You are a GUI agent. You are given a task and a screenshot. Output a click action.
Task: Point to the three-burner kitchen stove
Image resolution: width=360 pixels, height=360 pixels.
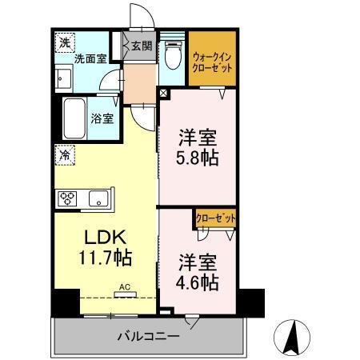(x=67, y=198)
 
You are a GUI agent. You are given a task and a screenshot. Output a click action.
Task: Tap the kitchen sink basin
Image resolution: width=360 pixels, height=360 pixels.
(x=99, y=198)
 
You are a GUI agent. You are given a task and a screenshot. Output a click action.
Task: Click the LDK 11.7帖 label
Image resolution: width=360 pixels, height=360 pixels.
(x=103, y=248)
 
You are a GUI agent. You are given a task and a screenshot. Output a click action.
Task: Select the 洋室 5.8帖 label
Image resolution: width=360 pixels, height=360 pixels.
(x=198, y=146)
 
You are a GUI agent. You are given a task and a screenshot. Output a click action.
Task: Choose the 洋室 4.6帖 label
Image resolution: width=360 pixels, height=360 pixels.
(x=198, y=273)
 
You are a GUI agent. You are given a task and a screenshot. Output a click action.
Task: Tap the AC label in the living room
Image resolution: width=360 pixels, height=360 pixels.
(x=124, y=286)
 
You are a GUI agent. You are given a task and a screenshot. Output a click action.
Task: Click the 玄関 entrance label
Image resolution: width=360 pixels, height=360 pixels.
(x=142, y=45)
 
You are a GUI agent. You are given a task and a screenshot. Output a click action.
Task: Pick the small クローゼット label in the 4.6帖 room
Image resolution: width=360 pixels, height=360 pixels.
(x=216, y=216)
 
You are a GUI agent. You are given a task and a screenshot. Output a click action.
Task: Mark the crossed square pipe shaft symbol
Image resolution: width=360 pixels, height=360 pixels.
(x=164, y=93)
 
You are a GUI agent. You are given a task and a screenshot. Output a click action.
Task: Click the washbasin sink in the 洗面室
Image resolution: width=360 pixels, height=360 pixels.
(x=62, y=78)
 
